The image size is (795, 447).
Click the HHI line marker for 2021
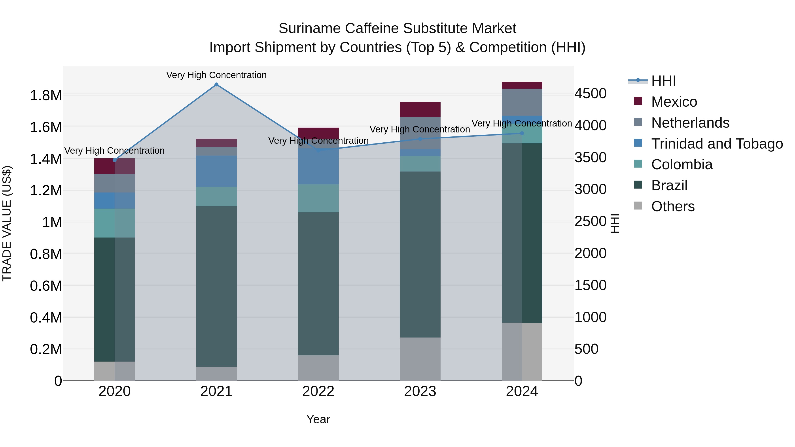coord(216,85)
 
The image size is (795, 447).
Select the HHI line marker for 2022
coord(318,150)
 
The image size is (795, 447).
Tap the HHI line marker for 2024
coord(522,133)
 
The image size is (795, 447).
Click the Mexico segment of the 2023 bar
coord(420,109)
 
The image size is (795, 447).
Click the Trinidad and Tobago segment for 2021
coord(216,171)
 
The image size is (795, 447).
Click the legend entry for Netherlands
coord(690,123)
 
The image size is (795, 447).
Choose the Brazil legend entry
coord(669,185)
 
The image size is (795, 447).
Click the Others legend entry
coord(673,206)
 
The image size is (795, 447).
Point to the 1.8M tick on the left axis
coord(46,95)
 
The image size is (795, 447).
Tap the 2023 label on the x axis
coord(420,391)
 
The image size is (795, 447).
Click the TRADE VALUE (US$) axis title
coord(7,223)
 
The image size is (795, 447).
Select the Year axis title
coord(318,419)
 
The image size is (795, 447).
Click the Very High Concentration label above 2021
coord(216,75)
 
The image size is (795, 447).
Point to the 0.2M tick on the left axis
coord(46,349)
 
